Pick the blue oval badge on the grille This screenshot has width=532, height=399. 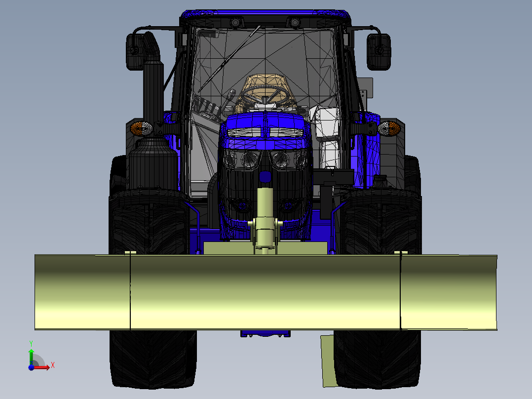pos(265,176)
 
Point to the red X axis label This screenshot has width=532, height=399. pos(53,365)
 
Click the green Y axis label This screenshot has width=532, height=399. pos(31,343)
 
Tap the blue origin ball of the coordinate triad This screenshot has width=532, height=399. pos(31,367)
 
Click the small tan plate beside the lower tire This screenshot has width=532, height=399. pos(328,360)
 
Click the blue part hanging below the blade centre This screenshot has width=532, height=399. pos(265,334)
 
